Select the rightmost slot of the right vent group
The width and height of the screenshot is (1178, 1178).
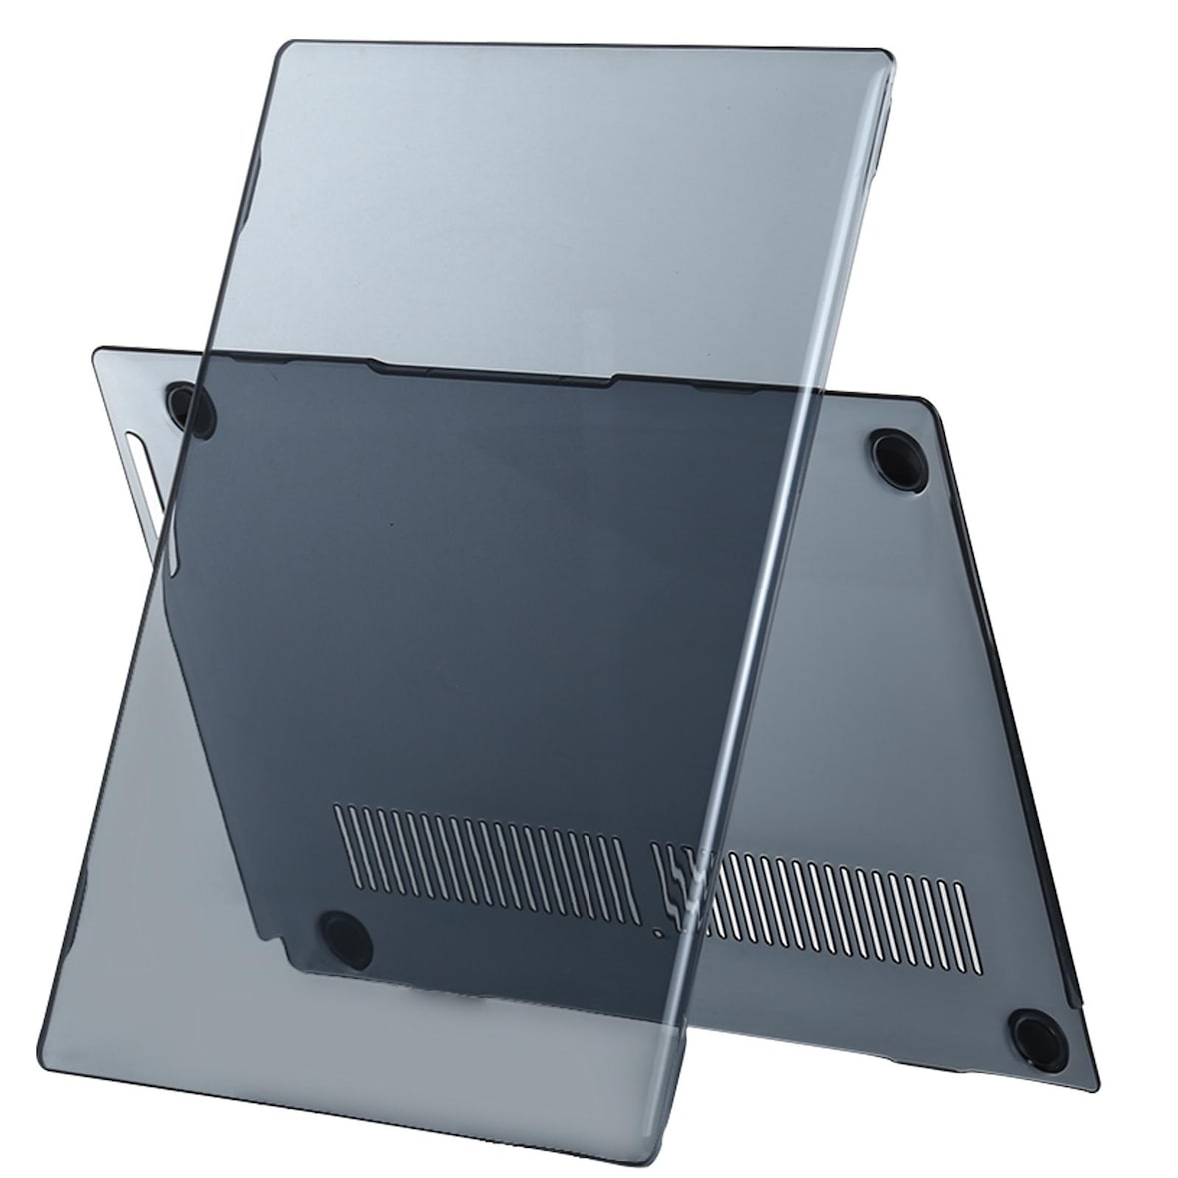961,885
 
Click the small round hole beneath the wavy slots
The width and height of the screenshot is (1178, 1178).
656,934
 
